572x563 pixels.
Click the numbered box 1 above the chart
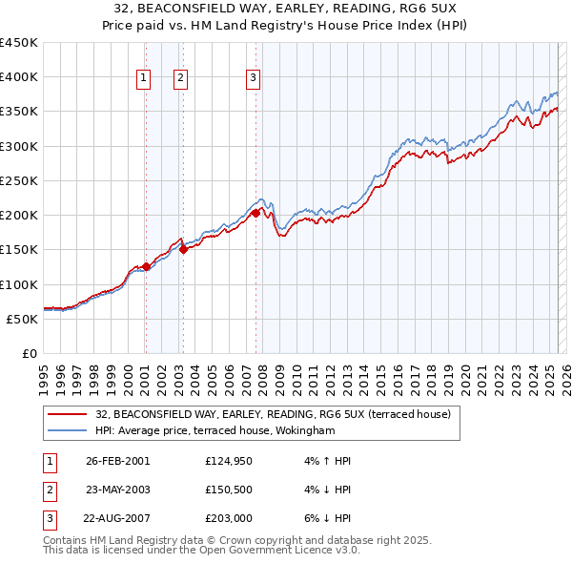coord(143,78)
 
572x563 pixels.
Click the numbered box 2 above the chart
coord(180,78)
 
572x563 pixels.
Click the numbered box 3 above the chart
coord(253,78)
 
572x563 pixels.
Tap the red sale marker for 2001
coord(146,266)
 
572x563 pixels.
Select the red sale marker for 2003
coord(184,249)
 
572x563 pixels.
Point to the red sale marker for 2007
coord(255,213)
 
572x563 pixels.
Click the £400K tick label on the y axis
coord(19,77)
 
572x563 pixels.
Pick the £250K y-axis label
coord(19,180)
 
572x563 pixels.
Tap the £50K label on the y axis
coord(23,319)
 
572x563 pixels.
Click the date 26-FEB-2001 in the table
coord(117,461)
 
